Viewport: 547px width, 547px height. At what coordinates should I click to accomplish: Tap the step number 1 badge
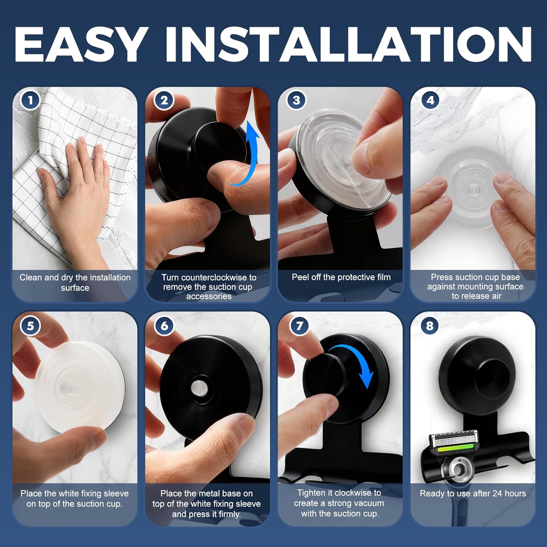[30, 100]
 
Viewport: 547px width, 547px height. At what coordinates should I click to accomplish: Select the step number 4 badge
[430, 100]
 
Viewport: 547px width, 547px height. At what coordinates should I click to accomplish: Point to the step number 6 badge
[164, 325]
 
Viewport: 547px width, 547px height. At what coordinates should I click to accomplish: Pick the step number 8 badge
[430, 325]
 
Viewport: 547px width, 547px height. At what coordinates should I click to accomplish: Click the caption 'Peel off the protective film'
[341, 277]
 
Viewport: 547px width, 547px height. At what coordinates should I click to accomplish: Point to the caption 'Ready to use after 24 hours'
[473, 493]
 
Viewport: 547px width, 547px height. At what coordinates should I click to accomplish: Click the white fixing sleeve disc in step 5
[78, 387]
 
